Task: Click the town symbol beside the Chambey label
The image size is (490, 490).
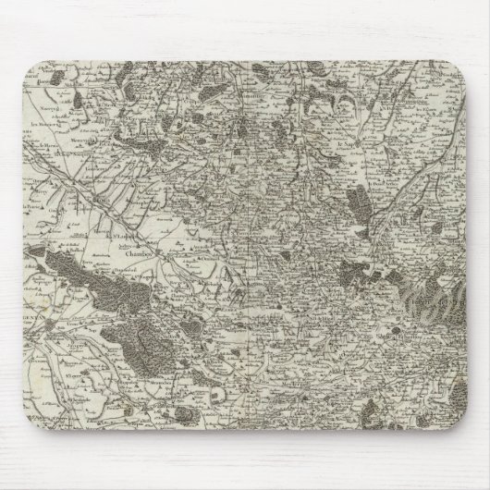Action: point(158,250)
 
